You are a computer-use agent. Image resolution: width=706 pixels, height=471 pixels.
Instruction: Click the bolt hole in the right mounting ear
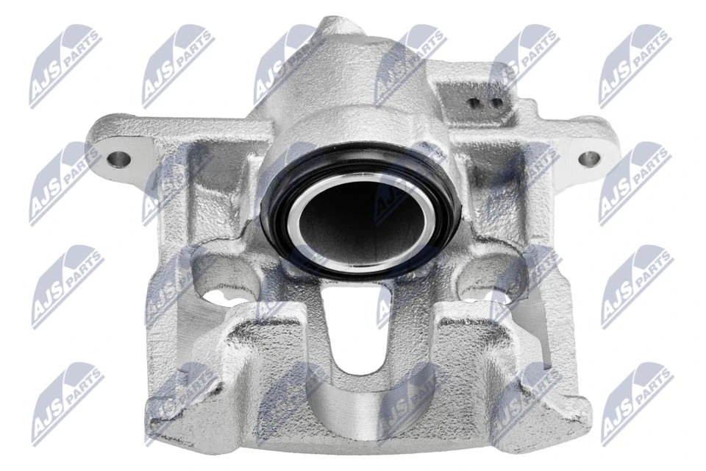(x=589, y=158)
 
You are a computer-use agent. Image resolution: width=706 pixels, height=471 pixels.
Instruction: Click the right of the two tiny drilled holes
(x=496, y=102)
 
